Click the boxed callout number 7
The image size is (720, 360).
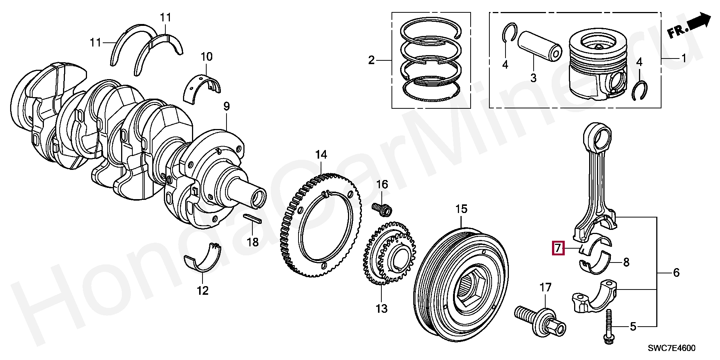tap(558, 248)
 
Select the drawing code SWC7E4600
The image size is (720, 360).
tap(672, 348)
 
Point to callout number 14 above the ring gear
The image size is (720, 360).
tap(321, 154)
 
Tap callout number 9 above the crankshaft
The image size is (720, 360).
tap(226, 106)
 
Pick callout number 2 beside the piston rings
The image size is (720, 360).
tap(371, 60)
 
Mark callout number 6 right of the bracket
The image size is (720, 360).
tap(676, 273)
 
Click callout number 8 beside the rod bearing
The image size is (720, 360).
tap(626, 262)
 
